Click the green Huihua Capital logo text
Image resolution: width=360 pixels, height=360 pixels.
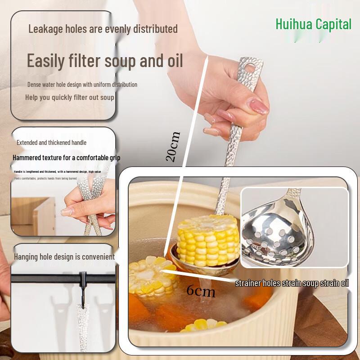coord(313,24)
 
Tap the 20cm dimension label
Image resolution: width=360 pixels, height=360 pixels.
coord(173,147)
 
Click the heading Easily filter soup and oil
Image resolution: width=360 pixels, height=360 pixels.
coord(105,60)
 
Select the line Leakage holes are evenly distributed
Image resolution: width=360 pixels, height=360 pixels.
coord(103,29)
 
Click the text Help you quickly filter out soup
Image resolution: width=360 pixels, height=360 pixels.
coord(70,97)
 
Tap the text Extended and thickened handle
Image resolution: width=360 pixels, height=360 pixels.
coord(51,143)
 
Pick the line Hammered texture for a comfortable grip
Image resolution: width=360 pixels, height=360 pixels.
coord(67,158)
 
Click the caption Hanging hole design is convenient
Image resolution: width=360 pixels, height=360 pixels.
coord(64,257)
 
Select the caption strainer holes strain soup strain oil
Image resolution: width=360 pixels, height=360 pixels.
coord(292,283)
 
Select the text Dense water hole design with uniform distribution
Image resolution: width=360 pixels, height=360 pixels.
coord(82,85)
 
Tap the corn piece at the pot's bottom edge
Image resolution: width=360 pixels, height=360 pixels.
coord(203,326)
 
